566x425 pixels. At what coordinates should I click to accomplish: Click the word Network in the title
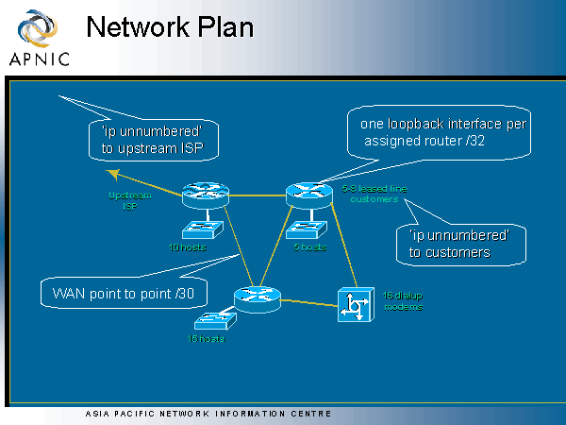tap(141, 27)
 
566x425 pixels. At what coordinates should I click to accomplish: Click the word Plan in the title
tap(226, 27)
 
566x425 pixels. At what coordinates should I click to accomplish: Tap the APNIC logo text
tap(39, 59)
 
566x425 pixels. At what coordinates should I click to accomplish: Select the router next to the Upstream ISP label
tap(200, 195)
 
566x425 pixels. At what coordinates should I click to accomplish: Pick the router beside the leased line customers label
tap(304, 194)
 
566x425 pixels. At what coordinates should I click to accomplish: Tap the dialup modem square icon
tap(354, 305)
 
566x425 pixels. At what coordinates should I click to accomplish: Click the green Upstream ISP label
tap(125, 201)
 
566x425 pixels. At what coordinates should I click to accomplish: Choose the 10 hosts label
tap(187, 246)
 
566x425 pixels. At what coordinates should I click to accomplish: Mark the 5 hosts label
tap(309, 246)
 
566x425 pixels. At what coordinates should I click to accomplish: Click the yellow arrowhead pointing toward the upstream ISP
tap(111, 173)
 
